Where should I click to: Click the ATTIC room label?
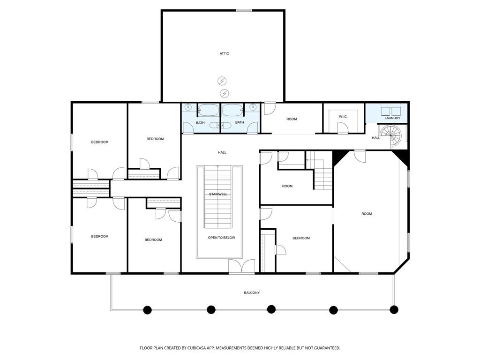(x=224, y=53)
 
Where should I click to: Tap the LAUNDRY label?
(x=392, y=118)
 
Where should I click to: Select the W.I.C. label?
(x=343, y=117)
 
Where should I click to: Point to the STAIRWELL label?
(x=218, y=195)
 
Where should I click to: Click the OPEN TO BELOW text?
(x=222, y=238)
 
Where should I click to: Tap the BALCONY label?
(x=252, y=292)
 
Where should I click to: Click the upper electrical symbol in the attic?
(x=222, y=81)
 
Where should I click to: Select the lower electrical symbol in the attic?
(x=225, y=93)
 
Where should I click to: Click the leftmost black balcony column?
(x=148, y=310)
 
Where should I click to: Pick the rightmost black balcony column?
(x=394, y=309)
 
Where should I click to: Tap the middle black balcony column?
(x=271, y=309)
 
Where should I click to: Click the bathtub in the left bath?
(x=209, y=110)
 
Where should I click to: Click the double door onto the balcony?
(x=241, y=266)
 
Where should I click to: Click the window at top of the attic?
(x=244, y=10)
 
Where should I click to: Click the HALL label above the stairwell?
(x=222, y=152)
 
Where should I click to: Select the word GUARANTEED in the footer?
(x=328, y=348)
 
